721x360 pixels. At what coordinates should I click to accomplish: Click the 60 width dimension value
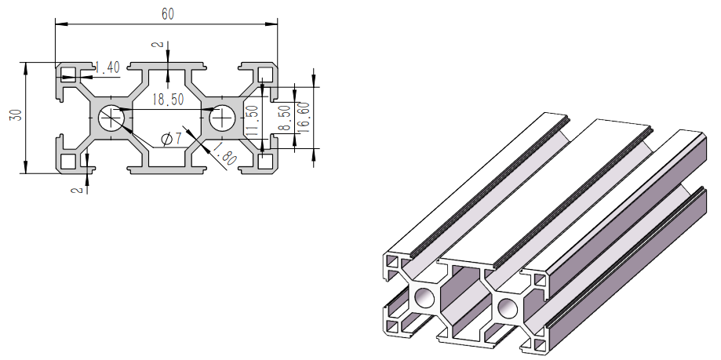point(167,14)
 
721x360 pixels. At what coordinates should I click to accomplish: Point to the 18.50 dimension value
point(167,100)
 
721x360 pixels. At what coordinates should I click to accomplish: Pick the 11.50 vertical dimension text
point(252,118)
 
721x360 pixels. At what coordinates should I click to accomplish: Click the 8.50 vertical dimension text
point(284,118)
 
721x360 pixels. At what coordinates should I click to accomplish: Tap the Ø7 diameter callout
point(170,139)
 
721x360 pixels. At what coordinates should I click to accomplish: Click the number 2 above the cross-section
point(156,45)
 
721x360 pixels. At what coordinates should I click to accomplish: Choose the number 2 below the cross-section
point(75,189)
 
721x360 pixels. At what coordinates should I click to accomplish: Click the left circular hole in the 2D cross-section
point(111,118)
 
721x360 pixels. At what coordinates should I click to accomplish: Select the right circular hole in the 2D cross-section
point(222,118)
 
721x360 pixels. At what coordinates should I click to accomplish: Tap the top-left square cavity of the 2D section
point(69,75)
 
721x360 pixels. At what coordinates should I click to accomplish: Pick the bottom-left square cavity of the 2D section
point(69,161)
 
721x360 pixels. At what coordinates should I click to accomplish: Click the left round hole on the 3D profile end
point(426,297)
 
